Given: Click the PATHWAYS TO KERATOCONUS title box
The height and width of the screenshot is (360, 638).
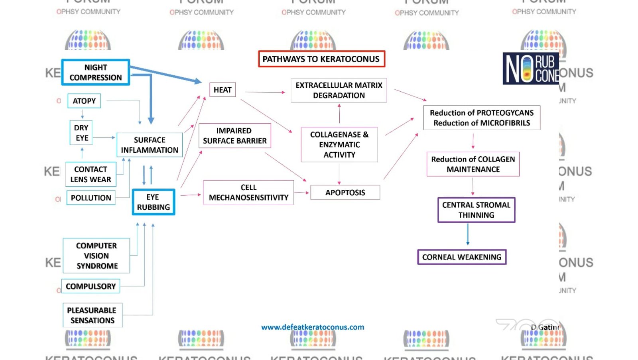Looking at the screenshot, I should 321,59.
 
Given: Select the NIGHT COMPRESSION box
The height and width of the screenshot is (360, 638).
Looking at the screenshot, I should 96,72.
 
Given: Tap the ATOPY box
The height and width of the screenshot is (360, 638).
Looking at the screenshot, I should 84,101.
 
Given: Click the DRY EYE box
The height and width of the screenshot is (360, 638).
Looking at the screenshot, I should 81,133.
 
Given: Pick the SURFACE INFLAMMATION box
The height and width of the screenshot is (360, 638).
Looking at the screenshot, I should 150,145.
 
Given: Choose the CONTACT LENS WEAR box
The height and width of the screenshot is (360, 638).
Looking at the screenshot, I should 91,174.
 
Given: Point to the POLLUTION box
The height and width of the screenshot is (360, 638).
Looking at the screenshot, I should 91,198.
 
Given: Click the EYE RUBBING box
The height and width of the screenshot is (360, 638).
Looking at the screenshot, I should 154,202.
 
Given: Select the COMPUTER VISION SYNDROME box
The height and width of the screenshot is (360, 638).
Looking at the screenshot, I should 96,256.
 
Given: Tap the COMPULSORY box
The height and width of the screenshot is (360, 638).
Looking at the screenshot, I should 91,286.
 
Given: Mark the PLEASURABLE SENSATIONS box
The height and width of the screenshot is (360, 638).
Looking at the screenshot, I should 92,315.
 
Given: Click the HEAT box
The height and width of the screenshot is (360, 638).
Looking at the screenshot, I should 223,90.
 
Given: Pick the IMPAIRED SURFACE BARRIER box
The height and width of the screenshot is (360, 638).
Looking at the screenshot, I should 234,136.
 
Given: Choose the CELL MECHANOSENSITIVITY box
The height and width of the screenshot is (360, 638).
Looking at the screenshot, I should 248,193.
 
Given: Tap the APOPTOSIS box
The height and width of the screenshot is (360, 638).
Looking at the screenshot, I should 345,193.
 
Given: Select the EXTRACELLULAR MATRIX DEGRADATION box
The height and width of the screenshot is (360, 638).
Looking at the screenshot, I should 339,90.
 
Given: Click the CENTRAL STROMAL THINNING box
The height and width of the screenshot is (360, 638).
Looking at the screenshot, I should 476,210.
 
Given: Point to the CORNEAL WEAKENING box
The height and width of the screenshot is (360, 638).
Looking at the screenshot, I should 462,257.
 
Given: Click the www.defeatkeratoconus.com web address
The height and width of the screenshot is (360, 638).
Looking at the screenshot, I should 313,327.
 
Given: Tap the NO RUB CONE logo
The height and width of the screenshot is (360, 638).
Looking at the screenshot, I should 531,69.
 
